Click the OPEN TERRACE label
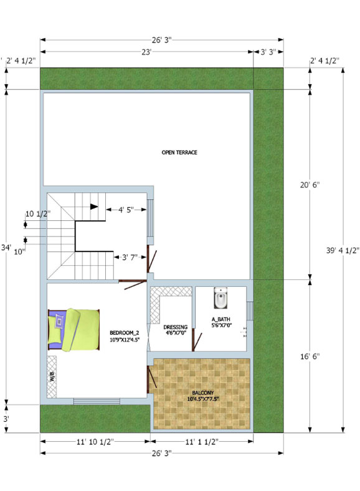point(179,152)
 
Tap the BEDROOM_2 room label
point(125,332)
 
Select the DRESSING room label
point(176,327)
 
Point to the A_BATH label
point(221,319)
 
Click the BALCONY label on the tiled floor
point(202,393)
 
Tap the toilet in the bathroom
point(220,298)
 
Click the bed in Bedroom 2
point(73,330)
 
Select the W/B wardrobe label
point(52,376)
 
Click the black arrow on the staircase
point(94,207)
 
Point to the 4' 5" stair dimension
point(126,210)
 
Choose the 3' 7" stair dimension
point(130,258)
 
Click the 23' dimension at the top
point(146,52)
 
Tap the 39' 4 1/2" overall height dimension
point(343,251)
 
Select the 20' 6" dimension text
point(310,185)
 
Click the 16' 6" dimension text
point(310,357)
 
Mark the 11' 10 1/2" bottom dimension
point(95,442)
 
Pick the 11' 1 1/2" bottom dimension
point(201,442)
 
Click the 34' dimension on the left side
point(6,248)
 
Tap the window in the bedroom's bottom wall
point(97,401)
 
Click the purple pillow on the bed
point(59,322)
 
